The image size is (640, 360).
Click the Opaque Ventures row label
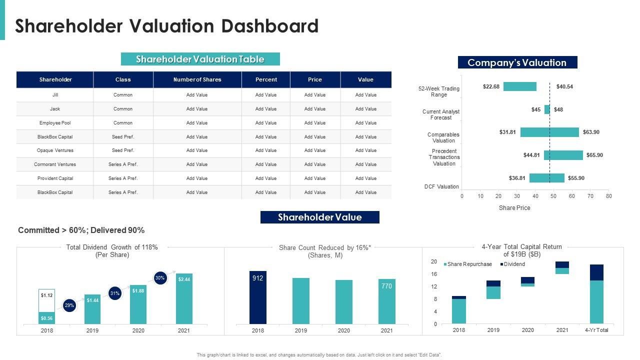click(x=55, y=150)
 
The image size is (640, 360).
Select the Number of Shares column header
click(x=197, y=79)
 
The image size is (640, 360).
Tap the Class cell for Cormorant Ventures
click(x=123, y=164)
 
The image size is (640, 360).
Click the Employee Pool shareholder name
click(x=55, y=122)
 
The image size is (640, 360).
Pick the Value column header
click(x=365, y=79)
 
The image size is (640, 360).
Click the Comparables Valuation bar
click(x=549, y=132)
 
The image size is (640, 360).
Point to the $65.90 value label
click(x=594, y=155)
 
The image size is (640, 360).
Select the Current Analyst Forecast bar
click(x=547, y=109)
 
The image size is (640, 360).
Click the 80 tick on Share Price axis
click(x=608, y=196)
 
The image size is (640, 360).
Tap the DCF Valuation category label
click(x=441, y=186)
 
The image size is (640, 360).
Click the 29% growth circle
click(x=69, y=305)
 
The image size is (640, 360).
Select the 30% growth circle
click(x=160, y=278)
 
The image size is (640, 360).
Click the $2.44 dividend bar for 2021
click(x=184, y=298)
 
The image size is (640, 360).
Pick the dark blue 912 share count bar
click(x=258, y=297)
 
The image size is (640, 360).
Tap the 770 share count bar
click(x=387, y=301)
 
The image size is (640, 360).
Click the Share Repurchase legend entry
click(x=469, y=264)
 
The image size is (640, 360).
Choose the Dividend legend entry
click(x=514, y=264)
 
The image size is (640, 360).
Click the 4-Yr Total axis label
click(x=596, y=330)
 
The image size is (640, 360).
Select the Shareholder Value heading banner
click(x=320, y=217)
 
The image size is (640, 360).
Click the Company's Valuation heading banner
click(x=517, y=62)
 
